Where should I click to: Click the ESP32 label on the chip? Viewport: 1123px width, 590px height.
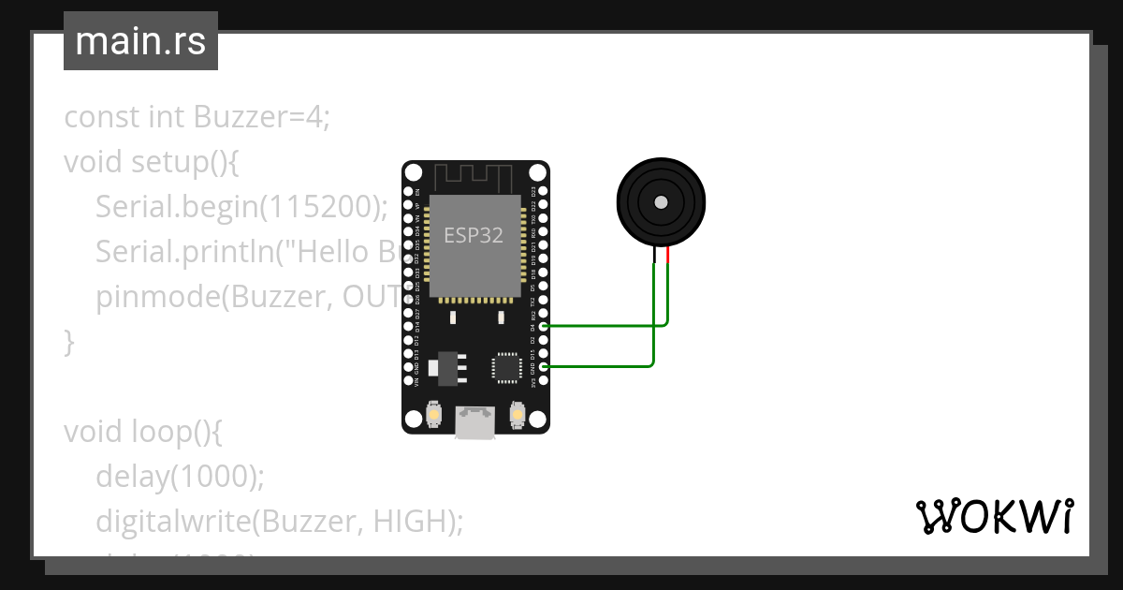click(474, 235)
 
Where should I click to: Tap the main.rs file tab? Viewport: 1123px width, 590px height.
click(140, 41)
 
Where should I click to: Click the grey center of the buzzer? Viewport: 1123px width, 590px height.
click(661, 201)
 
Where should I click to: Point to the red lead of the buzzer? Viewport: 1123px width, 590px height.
click(668, 257)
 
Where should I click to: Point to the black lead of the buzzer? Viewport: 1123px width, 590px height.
click(653, 257)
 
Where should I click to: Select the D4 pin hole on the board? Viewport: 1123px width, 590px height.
click(544, 326)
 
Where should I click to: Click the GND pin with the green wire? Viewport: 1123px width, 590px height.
click(544, 367)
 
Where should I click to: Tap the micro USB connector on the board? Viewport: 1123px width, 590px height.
click(475, 422)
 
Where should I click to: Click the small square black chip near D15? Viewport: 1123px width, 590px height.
click(506, 367)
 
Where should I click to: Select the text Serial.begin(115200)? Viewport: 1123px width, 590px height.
click(241, 207)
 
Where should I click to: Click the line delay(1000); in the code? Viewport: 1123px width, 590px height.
click(180, 476)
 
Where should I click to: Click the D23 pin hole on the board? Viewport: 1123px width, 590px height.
click(544, 191)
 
